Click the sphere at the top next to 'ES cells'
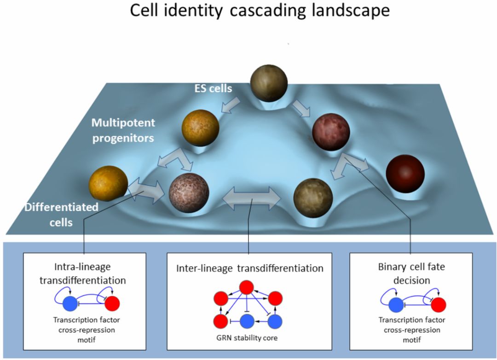tap(269, 83)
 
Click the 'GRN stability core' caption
tap(247, 337)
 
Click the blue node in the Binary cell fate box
tap(394, 305)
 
